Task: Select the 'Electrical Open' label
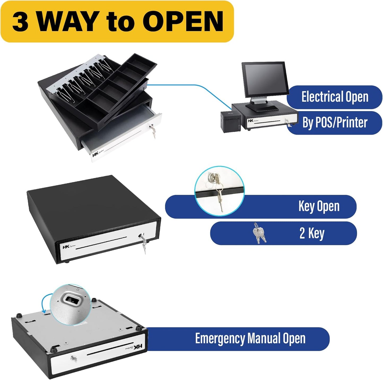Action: [x=335, y=97]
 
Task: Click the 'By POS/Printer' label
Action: [x=335, y=123]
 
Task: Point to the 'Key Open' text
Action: [x=319, y=206]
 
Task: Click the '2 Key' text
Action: [x=312, y=233]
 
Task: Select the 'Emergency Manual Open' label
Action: [x=250, y=339]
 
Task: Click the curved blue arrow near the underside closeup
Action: [x=44, y=304]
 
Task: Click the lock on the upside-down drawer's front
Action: [x=73, y=359]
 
